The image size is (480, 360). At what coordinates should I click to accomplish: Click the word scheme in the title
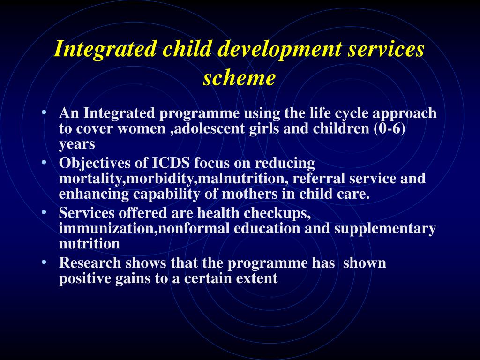tap(239, 78)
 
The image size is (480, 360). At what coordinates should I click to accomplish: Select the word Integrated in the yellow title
tap(104, 50)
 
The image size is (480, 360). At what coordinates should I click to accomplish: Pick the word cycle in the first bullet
tap(346, 113)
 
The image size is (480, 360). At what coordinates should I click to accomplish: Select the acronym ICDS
tap(172, 163)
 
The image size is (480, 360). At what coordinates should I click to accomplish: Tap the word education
tap(267, 229)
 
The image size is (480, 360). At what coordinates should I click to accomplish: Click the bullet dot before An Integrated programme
tap(44, 113)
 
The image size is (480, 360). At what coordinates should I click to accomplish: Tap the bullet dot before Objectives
tap(44, 163)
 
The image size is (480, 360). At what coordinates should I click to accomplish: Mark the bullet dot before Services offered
tap(44, 213)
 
